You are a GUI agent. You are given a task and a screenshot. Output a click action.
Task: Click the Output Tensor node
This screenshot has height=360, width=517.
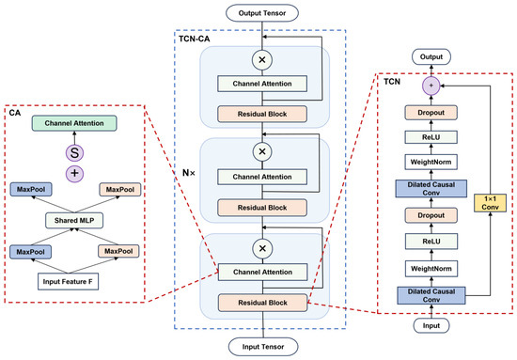point(262,13)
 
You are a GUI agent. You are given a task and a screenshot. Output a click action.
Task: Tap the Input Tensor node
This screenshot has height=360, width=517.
point(263,347)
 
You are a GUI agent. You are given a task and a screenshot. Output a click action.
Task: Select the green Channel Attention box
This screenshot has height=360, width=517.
point(74,123)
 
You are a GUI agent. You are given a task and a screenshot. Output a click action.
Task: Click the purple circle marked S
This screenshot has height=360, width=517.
point(74,153)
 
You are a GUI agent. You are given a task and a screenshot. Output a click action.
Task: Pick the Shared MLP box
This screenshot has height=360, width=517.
point(74,221)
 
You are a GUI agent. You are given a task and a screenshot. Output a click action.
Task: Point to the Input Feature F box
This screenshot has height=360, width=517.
point(68,282)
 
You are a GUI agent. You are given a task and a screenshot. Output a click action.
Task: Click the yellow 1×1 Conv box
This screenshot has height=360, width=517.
point(490,203)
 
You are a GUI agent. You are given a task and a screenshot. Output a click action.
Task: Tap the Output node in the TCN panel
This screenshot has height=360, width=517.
point(431,56)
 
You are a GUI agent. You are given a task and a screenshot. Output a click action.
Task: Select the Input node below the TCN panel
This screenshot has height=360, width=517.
point(431,326)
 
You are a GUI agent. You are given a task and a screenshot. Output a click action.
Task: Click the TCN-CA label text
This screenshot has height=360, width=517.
point(195,39)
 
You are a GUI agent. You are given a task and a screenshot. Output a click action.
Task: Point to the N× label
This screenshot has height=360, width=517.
point(189,173)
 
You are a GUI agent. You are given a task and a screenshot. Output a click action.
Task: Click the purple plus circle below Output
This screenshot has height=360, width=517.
point(431,86)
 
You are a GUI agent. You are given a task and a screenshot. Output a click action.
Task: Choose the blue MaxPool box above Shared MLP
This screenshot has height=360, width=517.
point(31,190)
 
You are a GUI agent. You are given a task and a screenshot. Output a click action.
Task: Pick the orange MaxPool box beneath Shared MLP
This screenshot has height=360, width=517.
point(118,252)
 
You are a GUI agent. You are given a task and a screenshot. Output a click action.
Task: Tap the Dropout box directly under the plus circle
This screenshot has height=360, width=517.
point(431,113)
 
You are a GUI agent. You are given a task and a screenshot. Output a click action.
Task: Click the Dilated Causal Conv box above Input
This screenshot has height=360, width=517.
point(431,296)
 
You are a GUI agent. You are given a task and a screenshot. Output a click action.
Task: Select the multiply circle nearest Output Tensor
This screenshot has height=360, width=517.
point(262,60)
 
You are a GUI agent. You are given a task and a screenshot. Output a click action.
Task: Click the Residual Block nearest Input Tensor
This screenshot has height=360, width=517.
point(263,303)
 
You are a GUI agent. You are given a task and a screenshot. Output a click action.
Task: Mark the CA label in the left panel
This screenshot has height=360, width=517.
point(15,113)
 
